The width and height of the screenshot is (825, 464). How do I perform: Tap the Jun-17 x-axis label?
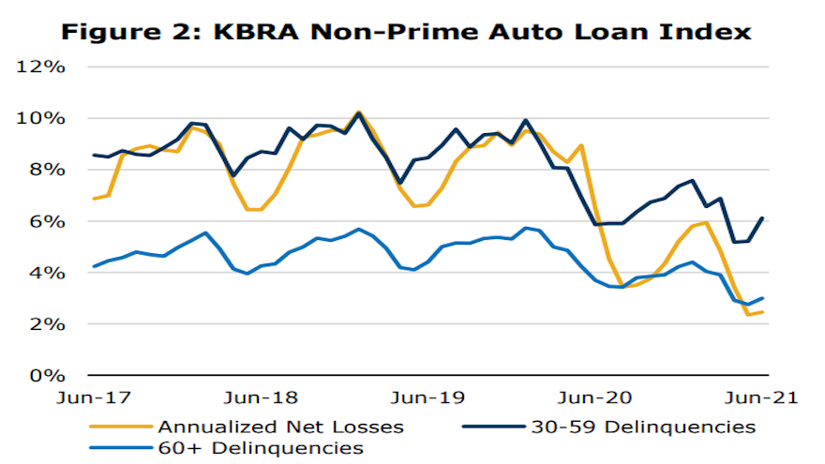[94, 397]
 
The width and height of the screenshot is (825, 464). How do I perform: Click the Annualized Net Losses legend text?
[281, 427]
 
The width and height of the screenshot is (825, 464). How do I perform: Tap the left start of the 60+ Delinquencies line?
[94, 266]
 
